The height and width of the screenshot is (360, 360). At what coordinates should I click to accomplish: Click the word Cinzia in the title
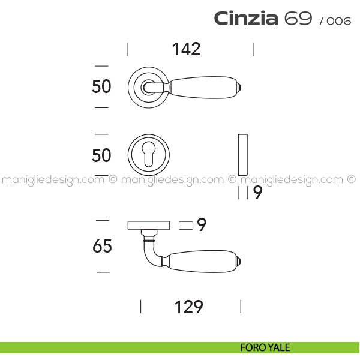246,18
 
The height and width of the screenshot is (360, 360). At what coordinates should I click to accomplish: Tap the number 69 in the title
298,18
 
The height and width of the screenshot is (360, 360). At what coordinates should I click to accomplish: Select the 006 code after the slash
339,21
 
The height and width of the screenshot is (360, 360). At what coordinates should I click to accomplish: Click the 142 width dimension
186,49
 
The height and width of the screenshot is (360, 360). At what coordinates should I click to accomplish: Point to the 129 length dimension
189,307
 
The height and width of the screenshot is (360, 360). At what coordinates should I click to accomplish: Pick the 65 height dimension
103,246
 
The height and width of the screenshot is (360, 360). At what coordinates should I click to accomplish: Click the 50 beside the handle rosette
101,86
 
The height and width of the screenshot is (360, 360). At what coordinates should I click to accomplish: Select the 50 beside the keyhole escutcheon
101,155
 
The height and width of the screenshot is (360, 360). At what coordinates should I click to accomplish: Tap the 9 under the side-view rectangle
257,193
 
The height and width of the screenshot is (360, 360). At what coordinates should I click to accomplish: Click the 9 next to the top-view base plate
202,224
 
